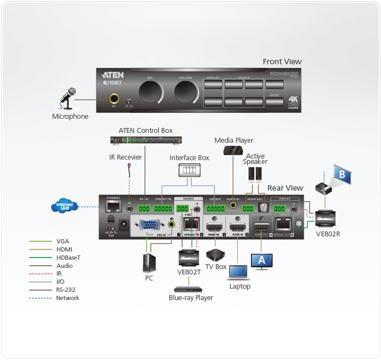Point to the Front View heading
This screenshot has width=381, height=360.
click(x=282, y=62)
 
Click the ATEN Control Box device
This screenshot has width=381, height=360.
click(x=145, y=140)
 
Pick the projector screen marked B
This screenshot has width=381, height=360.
click(x=340, y=176)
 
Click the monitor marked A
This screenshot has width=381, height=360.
click(x=261, y=261)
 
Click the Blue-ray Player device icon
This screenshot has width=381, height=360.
click(x=188, y=289)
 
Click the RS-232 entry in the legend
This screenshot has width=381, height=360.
click(x=67, y=290)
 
